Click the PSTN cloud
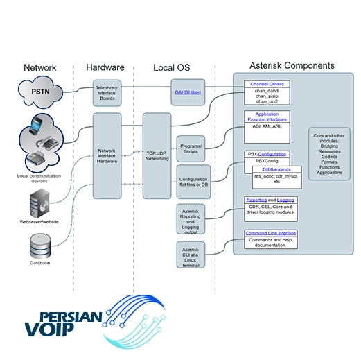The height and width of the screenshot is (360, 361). [x=40, y=92]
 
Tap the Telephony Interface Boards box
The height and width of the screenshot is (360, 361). [x=107, y=93]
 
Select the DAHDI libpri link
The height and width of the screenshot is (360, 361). [x=188, y=92]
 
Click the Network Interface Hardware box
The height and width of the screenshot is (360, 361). [x=107, y=156]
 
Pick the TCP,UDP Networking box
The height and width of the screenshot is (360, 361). [x=157, y=156]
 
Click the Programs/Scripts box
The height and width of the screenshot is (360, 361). [x=191, y=148]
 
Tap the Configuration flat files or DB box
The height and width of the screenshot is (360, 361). [x=193, y=182]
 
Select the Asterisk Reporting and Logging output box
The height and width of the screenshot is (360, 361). [x=191, y=219]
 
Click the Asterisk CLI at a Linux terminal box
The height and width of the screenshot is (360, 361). [x=191, y=255]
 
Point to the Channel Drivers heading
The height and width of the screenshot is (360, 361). [x=267, y=84]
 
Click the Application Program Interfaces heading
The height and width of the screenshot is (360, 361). [x=267, y=117]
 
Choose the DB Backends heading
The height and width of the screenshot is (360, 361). [x=276, y=169]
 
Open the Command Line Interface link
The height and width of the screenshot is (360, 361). [x=271, y=233]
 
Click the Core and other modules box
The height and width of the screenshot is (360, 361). [x=329, y=154]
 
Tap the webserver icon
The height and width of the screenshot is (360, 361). [x=39, y=203]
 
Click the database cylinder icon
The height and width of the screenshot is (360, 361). [x=40, y=246]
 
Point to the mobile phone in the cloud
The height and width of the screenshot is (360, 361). [x=35, y=125]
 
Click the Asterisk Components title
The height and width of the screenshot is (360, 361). [x=292, y=65]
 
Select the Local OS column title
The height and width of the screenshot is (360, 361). [x=172, y=67]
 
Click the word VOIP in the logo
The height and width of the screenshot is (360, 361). [x=49, y=329]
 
